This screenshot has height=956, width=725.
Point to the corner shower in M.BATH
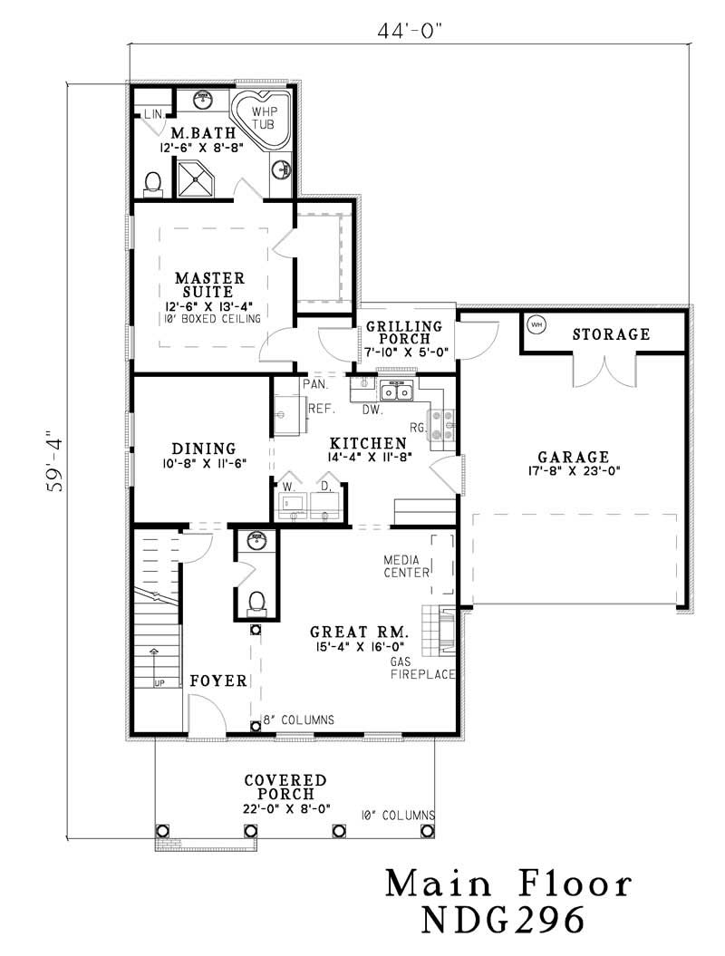point(197,179)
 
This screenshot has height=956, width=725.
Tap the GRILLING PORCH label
point(404,333)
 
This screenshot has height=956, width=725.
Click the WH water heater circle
point(536,324)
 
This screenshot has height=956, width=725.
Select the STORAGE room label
point(611,334)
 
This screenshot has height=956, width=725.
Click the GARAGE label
point(572,457)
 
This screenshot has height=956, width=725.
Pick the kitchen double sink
point(397,391)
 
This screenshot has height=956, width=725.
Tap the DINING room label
point(204,449)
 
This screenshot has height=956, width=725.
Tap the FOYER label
point(218,681)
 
